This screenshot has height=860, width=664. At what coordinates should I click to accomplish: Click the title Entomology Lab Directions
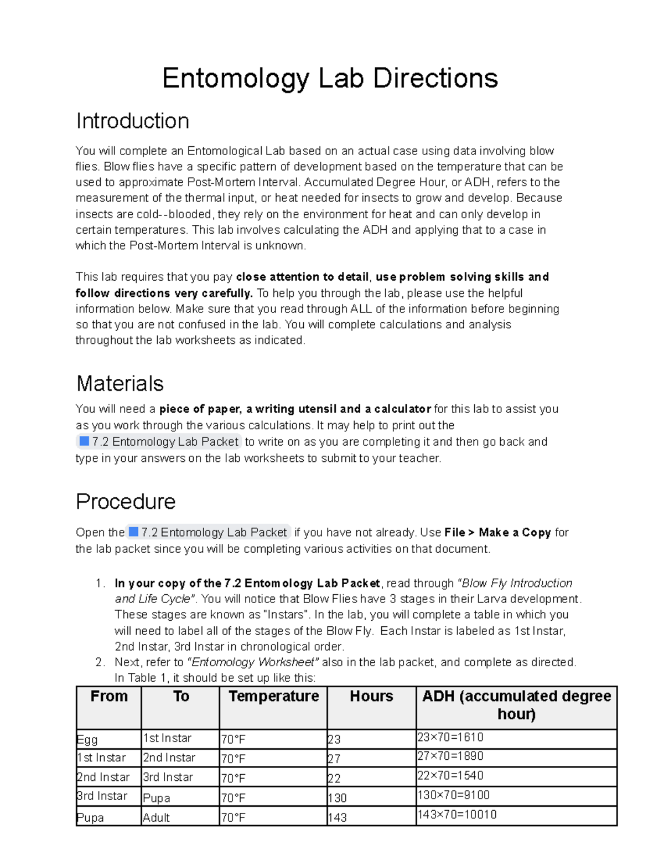[330, 78]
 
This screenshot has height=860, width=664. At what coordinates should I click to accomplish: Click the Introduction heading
[132, 121]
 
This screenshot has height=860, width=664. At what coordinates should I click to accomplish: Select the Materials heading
[120, 383]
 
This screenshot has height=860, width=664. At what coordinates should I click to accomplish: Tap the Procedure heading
[126, 501]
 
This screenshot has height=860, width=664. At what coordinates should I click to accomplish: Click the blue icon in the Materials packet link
[84, 441]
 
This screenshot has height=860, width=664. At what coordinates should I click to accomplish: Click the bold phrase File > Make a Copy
[497, 532]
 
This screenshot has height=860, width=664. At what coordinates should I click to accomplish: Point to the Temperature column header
[273, 696]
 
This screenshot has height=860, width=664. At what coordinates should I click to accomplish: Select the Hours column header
[371, 696]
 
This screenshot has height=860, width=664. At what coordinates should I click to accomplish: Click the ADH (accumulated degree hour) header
[516, 704]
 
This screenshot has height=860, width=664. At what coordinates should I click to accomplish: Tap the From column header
[109, 696]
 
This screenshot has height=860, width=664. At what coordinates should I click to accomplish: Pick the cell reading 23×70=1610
[450, 738]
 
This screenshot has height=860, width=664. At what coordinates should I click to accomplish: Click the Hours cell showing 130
[338, 798]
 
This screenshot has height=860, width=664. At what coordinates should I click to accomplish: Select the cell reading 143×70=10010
[457, 815]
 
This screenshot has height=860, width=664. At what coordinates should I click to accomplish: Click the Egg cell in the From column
[87, 740]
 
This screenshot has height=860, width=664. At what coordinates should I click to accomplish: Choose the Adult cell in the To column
[157, 817]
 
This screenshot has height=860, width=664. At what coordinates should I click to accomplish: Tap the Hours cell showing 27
[334, 759]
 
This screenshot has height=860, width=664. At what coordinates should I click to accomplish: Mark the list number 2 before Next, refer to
[99, 662]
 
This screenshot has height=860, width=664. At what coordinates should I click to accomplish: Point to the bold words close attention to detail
[302, 277]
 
